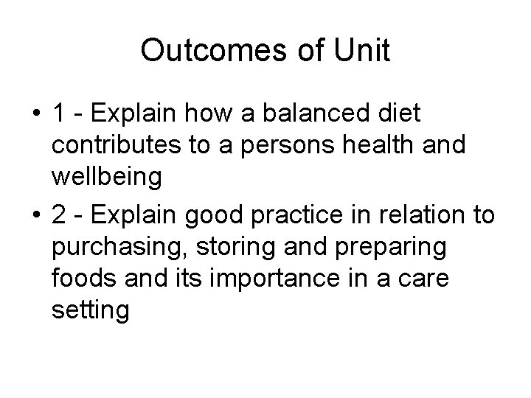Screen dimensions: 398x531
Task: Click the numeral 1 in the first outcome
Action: click(60, 115)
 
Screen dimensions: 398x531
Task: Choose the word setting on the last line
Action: click(91, 311)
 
